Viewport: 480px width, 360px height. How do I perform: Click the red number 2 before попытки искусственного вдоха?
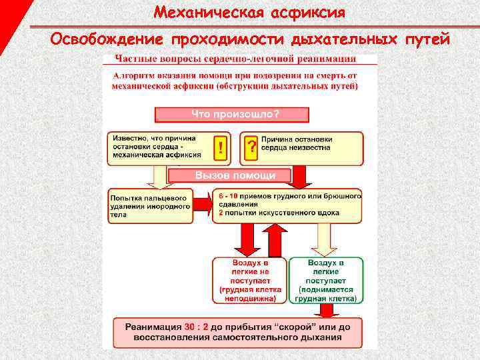coord(220,213)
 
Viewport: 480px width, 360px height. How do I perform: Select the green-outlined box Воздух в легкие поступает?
coord(326,281)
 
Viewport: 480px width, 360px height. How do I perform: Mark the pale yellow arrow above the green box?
coord(324,240)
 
